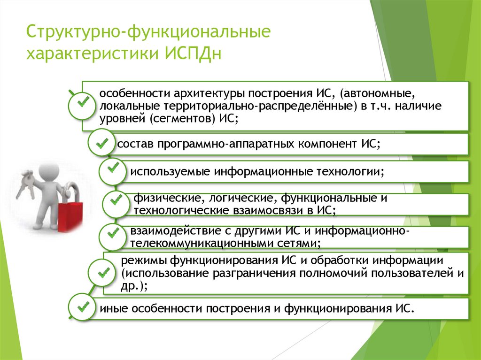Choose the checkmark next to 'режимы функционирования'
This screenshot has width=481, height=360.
click(103, 273)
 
